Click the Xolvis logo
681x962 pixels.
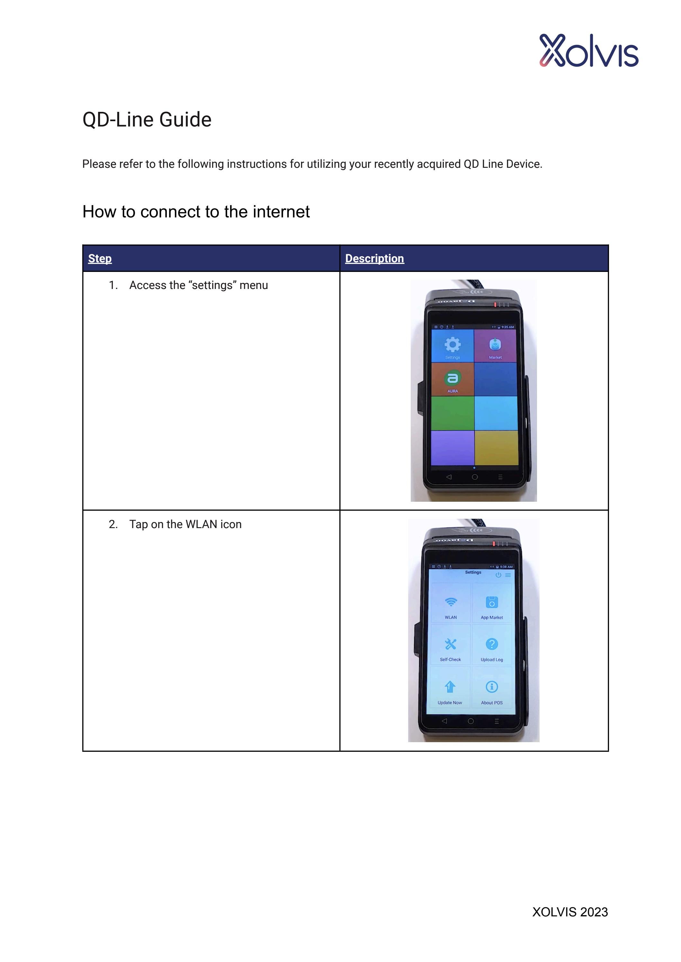588,51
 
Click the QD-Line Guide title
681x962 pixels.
147,120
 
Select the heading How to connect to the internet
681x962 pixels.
196,212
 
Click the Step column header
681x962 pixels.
100,258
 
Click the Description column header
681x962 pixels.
374,258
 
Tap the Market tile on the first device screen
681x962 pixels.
495,346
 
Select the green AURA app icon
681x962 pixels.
452,378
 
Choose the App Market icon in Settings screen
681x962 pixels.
491,602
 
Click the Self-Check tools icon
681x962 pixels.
450,644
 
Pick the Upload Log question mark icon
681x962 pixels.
491,644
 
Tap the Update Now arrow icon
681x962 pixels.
450,687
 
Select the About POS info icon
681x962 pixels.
491,687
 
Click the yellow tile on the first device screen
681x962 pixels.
497,447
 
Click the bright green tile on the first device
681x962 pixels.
453,413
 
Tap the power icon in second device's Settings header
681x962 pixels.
498,575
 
